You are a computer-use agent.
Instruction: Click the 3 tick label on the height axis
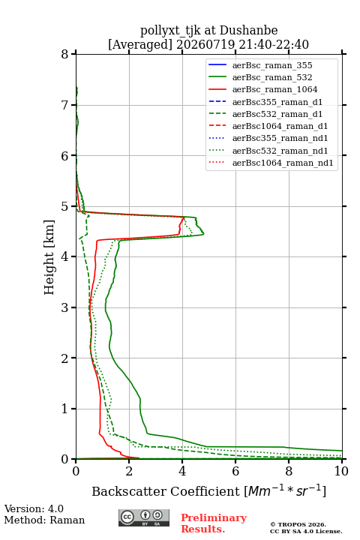click(x=64, y=307)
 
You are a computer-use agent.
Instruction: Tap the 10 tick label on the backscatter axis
click(x=341, y=471)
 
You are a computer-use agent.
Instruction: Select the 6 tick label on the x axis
click(x=235, y=471)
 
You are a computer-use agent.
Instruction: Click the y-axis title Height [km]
click(x=49, y=257)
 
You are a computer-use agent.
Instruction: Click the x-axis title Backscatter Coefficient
click(x=166, y=491)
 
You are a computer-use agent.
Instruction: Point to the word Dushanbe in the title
click(x=248, y=31)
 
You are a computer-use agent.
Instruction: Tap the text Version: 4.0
click(x=34, y=508)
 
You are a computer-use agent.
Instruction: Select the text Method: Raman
click(x=44, y=520)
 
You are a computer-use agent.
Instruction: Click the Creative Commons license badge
click(x=144, y=517)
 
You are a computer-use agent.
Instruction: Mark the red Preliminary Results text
click(x=214, y=523)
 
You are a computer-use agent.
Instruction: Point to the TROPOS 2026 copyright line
click(x=298, y=524)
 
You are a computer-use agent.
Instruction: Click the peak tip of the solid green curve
click(x=203, y=234)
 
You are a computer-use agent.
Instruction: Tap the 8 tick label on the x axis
click(x=289, y=471)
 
